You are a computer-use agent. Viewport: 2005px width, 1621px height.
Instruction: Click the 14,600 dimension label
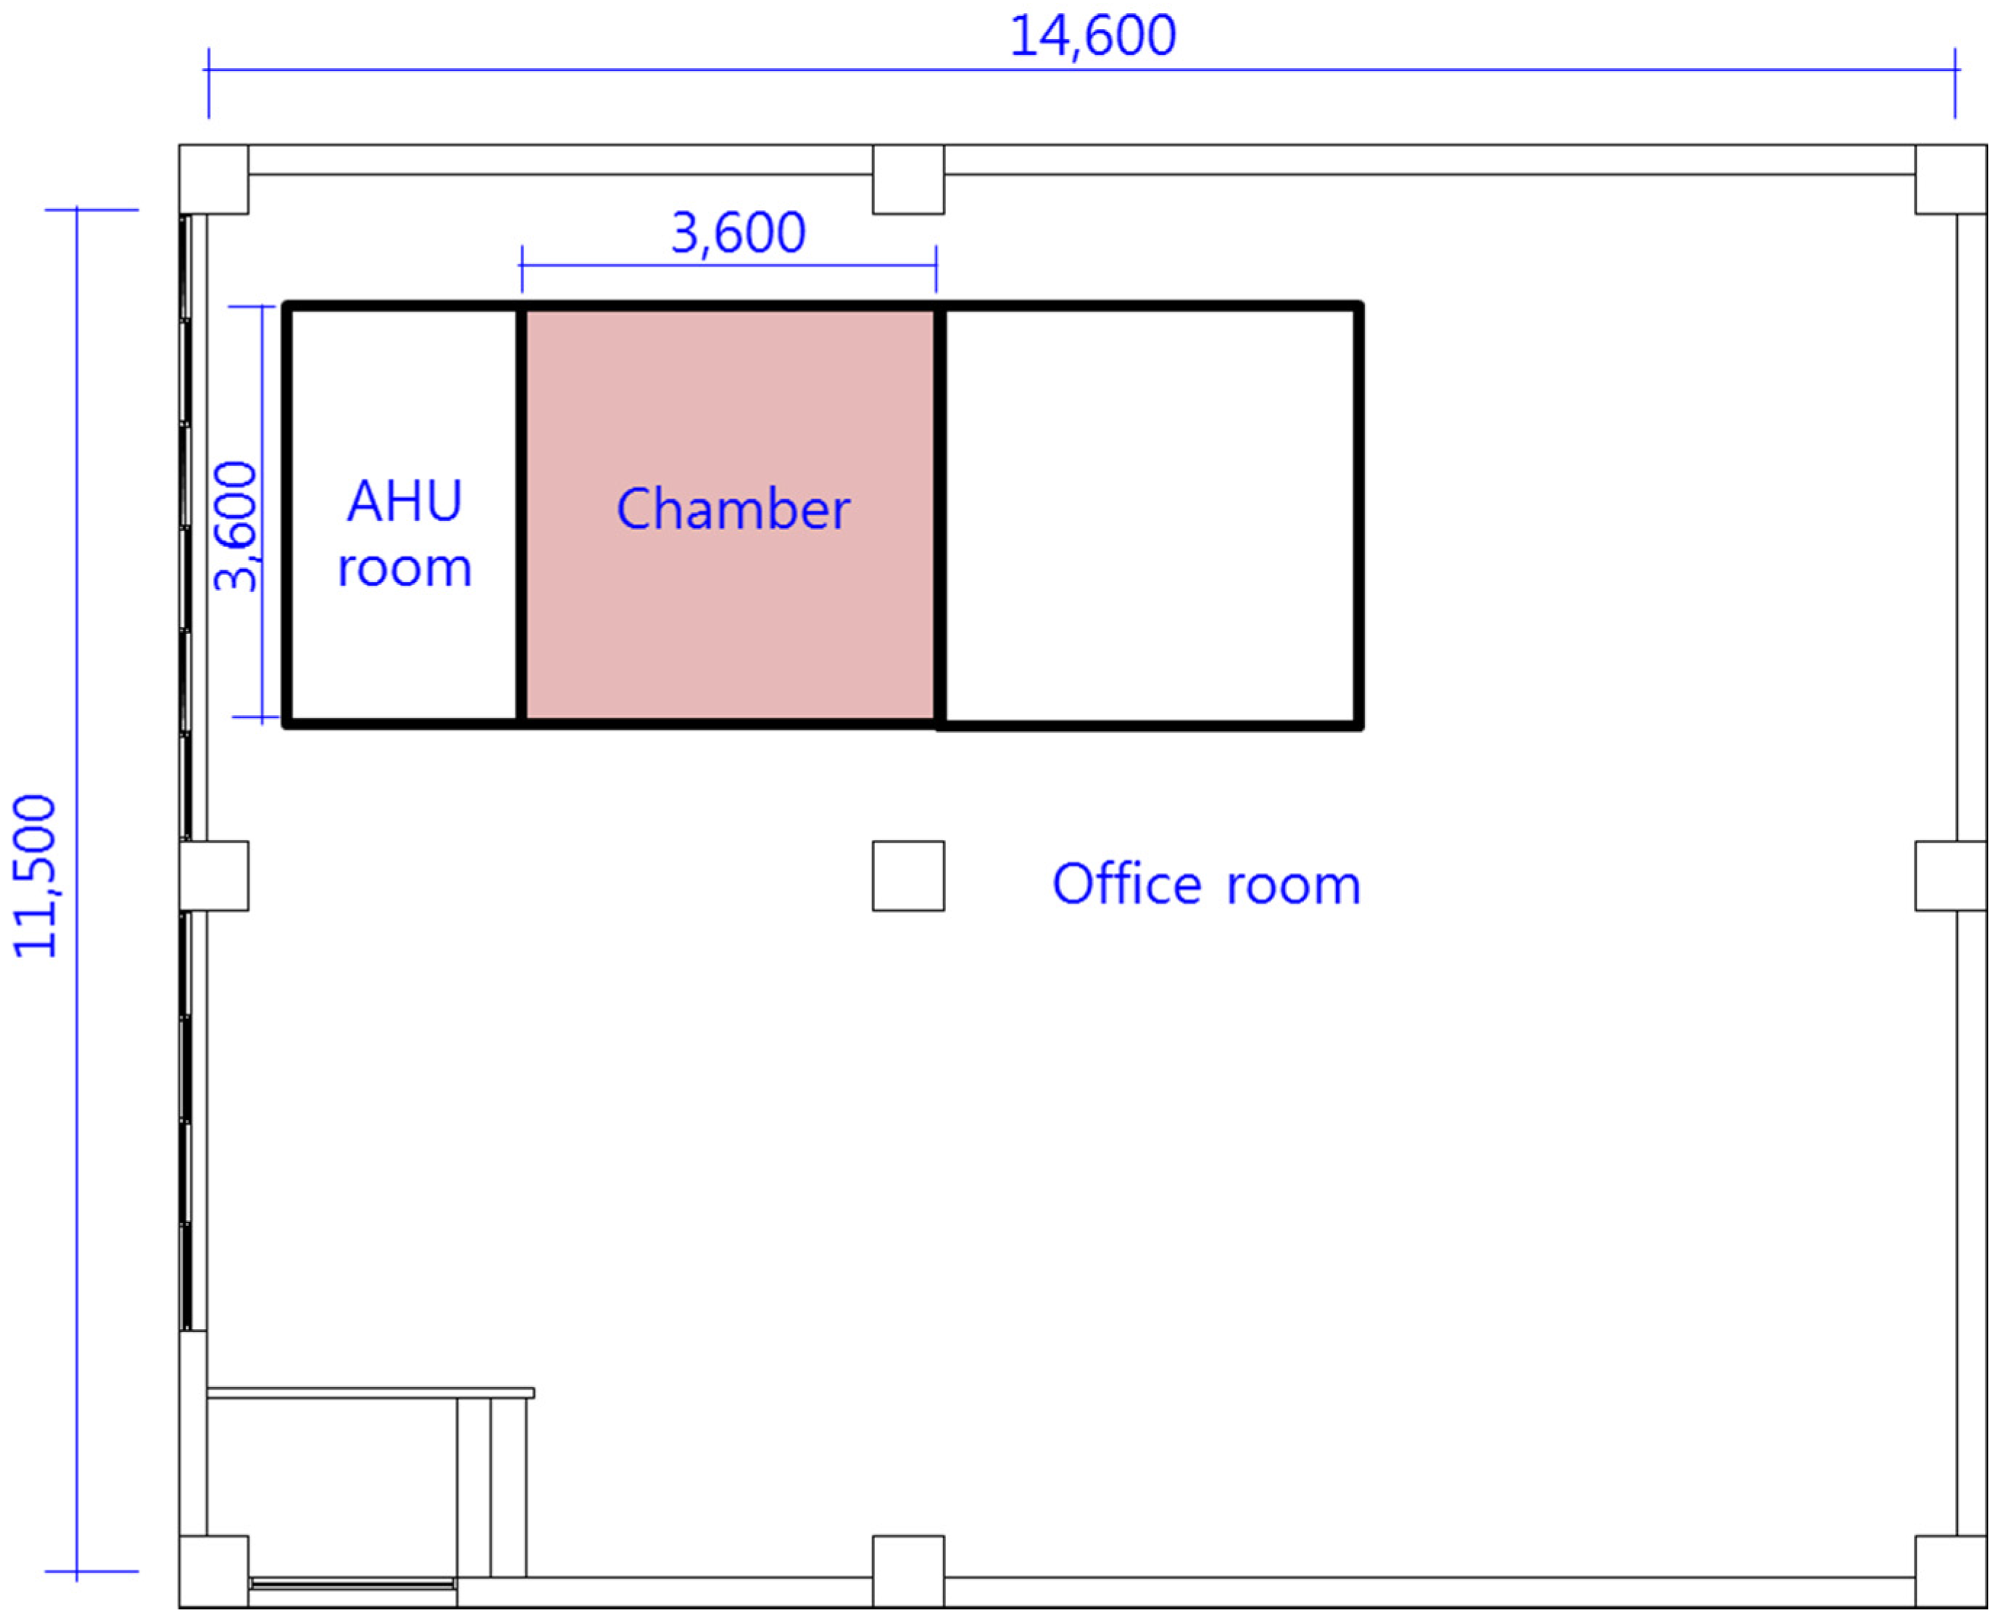[1092, 38]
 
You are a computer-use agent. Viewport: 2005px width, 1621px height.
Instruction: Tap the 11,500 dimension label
[36, 876]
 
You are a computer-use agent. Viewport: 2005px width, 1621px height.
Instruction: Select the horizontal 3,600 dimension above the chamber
[738, 233]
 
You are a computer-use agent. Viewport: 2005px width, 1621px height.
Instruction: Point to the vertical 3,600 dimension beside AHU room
[236, 527]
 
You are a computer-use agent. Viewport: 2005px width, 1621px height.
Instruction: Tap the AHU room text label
[404, 534]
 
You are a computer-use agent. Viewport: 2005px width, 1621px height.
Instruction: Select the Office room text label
[1206, 883]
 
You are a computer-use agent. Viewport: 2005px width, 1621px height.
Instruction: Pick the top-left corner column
[214, 179]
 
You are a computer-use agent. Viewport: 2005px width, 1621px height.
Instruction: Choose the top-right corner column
[1951, 179]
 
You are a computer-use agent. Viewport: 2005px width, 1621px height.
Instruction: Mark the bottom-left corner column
[214, 1572]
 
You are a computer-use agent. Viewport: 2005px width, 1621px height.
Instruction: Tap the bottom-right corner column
[1951, 1572]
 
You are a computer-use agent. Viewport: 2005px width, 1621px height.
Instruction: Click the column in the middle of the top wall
[908, 179]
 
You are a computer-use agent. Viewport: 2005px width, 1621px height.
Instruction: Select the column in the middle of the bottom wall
[908, 1572]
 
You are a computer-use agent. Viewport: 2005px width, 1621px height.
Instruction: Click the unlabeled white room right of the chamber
[1150, 515]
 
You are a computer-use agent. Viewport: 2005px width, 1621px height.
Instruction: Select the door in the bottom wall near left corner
[352, 1583]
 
